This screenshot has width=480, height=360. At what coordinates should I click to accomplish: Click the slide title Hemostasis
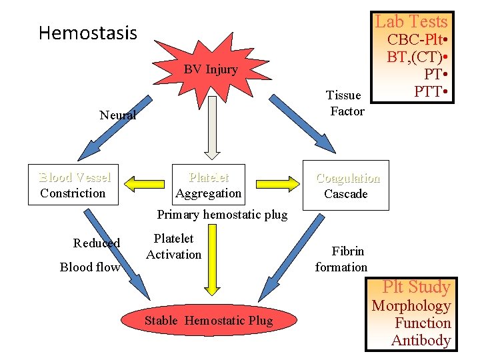click(x=87, y=33)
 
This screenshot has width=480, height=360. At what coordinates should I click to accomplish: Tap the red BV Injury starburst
click(x=211, y=69)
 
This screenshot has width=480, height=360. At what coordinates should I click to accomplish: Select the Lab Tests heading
click(x=411, y=21)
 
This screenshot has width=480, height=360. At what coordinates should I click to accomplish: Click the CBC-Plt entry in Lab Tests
click(x=416, y=39)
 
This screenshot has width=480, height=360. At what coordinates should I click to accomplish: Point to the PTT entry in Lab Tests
click(x=430, y=91)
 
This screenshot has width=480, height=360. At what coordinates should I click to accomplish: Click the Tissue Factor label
click(x=345, y=103)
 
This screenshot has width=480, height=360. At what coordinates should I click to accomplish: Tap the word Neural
click(x=118, y=115)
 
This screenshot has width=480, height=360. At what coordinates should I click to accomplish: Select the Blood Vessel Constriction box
click(x=73, y=185)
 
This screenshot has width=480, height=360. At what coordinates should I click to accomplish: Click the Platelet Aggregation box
click(x=208, y=185)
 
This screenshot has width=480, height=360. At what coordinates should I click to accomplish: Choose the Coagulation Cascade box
click(x=346, y=185)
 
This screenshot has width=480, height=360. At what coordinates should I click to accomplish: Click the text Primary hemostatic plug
click(x=222, y=215)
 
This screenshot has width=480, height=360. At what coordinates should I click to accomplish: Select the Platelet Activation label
click(x=173, y=246)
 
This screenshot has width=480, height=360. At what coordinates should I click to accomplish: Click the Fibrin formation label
click(x=341, y=259)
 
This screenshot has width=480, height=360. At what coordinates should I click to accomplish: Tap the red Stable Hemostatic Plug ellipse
click(x=209, y=321)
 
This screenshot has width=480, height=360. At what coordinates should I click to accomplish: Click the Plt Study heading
click(x=417, y=287)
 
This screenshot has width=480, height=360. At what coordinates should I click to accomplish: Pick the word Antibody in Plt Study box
click(x=421, y=340)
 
